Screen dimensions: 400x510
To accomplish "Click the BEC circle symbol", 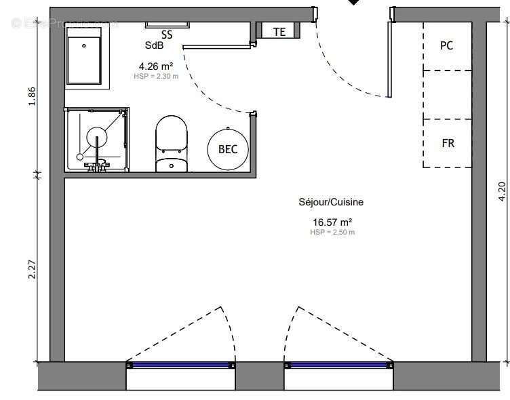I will pos(228,149).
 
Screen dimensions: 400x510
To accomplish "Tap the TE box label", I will pos(279,32).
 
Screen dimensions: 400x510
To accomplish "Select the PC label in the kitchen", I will pos(446,46).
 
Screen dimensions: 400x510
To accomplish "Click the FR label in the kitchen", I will pos(448,143).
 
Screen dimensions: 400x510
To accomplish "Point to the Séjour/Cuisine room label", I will pos(331,202).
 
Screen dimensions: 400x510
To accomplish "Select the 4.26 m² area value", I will pos(156,66).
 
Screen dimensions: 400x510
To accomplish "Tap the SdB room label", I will pos(154,45).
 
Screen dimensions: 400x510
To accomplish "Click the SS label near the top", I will pos(167,34).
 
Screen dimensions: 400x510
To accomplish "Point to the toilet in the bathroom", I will pos(170,143).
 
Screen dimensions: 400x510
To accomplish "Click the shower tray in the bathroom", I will pos(97,139).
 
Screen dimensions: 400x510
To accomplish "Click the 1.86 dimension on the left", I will pos(32,96).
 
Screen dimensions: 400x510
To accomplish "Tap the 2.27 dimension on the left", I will pos(32,270).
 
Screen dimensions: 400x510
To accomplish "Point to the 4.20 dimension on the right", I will pos(502,192).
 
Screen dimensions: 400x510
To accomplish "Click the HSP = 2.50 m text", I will pos(332,233).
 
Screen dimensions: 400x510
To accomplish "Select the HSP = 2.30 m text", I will pos(156,77).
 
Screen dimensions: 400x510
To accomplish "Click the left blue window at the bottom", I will pos(180,365).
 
